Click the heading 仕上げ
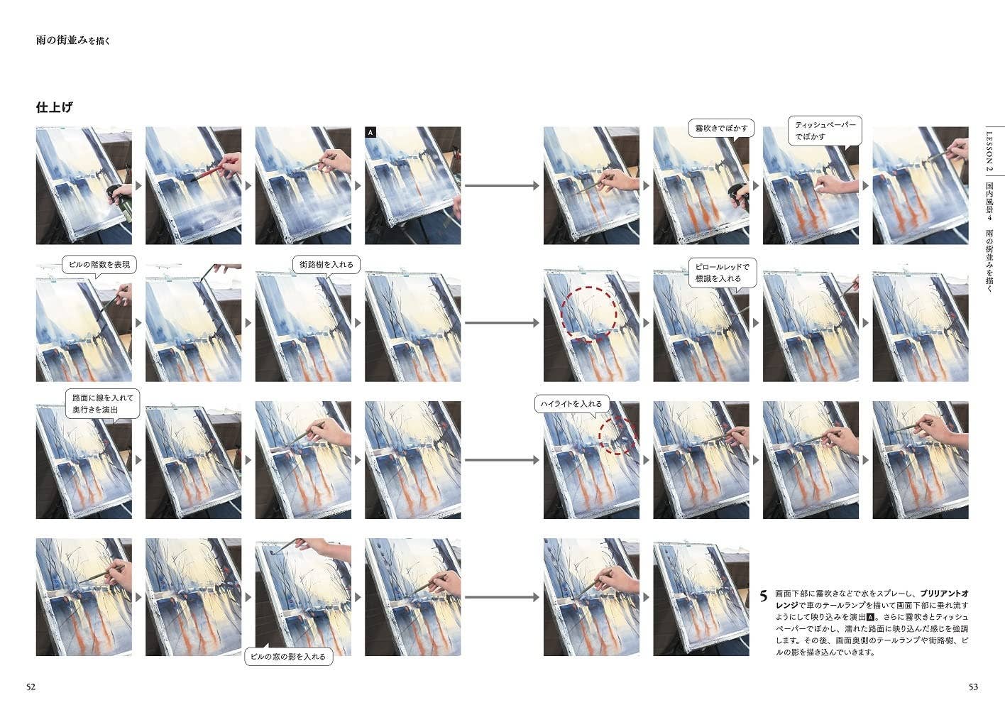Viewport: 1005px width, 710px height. click(x=54, y=107)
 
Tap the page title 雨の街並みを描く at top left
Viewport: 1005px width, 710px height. click(x=72, y=40)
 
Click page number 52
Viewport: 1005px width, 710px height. click(x=31, y=687)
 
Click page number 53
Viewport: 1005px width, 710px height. click(x=973, y=687)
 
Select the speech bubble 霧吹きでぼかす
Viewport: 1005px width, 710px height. click(x=721, y=129)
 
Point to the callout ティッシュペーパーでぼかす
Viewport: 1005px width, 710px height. click(x=825, y=131)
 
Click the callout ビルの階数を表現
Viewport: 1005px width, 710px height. click(x=99, y=265)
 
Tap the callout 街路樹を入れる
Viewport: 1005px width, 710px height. click(x=326, y=265)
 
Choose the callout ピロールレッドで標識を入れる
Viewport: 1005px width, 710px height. click(x=723, y=273)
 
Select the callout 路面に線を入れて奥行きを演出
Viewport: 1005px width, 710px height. click(x=103, y=404)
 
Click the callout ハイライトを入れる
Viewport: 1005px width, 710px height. click(x=571, y=404)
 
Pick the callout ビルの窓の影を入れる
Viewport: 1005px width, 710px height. click(x=288, y=656)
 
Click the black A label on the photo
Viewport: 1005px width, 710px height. click(x=370, y=132)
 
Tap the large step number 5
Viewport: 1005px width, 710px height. click(x=764, y=596)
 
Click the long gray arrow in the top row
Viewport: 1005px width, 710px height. click(x=502, y=185)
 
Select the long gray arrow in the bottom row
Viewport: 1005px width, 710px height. click(x=502, y=597)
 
